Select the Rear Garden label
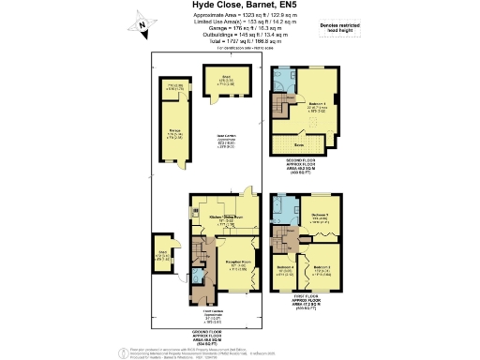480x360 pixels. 225,142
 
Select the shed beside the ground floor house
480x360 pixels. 163,254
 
